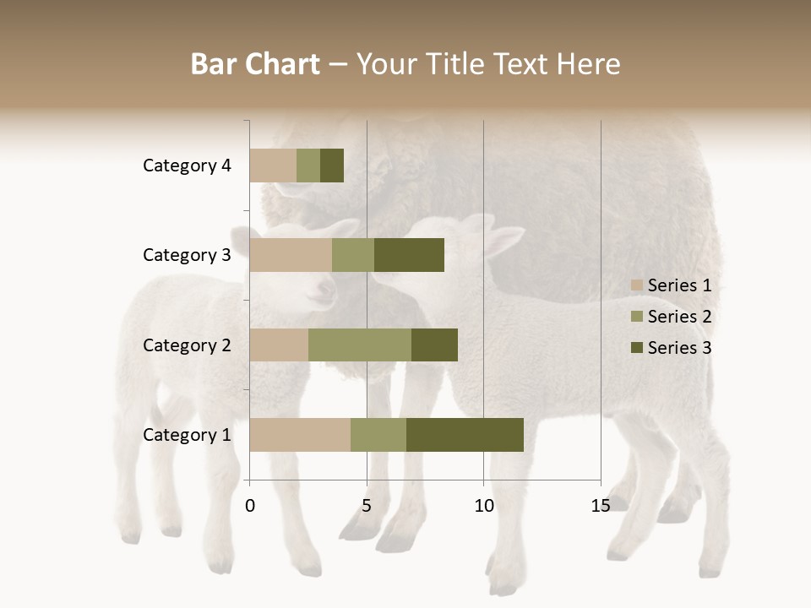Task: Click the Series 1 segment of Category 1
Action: click(x=300, y=435)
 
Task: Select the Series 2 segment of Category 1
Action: click(x=378, y=435)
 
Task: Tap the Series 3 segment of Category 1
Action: click(x=465, y=435)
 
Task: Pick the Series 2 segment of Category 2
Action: click(x=360, y=345)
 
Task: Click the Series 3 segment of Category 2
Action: click(x=434, y=345)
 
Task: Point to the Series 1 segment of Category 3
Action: click(x=291, y=255)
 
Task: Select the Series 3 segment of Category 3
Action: click(x=409, y=255)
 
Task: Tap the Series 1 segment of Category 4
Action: click(x=273, y=166)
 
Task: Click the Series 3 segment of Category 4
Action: click(x=332, y=166)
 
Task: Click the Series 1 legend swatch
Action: click(x=637, y=285)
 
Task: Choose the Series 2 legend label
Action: click(x=679, y=317)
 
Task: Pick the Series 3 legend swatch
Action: click(x=637, y=348)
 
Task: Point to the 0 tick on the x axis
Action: click(x=250, y=506)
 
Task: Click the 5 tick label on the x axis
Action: click(x=367, y=506)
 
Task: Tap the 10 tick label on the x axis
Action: click(x=483, y=506)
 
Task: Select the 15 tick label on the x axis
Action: click(x=600, y=506)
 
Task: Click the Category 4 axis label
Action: click(x=187, y=166)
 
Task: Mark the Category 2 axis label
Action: click(x=187, y=345)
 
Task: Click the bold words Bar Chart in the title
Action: click(x=255, y=64)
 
